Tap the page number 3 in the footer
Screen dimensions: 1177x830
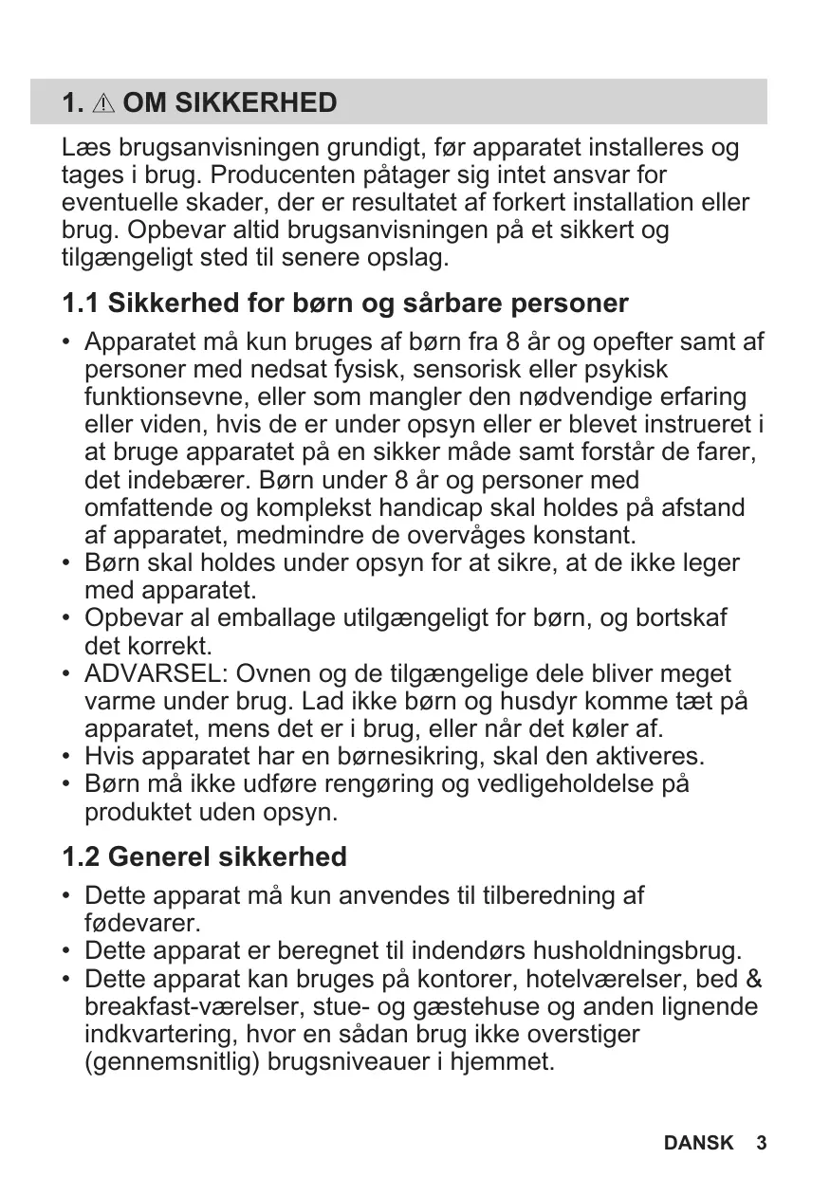761,1143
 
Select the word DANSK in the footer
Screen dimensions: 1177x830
698,1143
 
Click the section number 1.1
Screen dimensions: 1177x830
81,303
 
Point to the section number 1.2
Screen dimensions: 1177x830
81,857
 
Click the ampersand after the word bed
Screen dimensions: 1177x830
755,979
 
